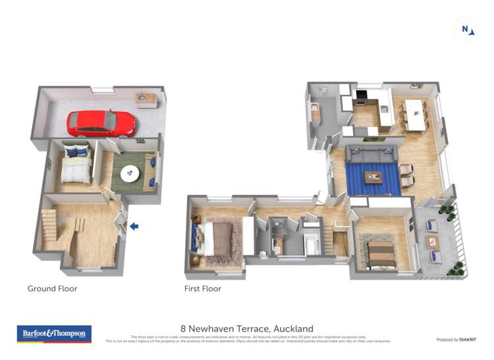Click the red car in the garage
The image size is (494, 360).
click(101, 122)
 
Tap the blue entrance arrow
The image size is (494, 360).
click(134, 226)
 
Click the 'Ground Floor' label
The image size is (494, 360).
click(52, 288)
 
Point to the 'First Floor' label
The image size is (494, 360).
click(203, 288)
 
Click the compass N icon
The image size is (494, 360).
click(466, 29)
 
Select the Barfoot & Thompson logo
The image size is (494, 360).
click(54, 334)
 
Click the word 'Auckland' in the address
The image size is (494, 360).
click(294, 328)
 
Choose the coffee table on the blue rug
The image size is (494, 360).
click(373, 176)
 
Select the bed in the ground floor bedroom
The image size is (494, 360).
click(76, 166)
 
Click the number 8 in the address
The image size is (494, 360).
click(183, 328)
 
